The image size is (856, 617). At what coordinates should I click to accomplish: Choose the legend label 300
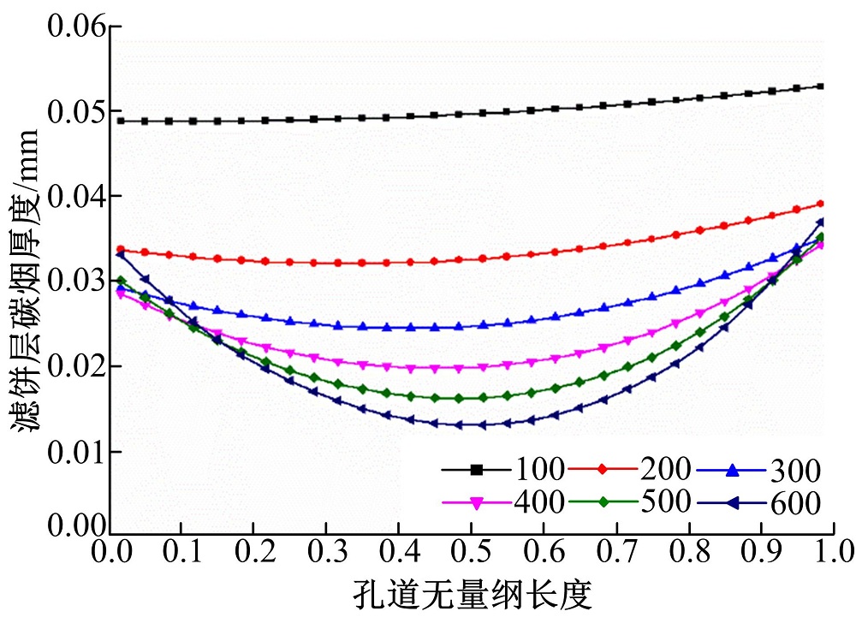[796, 470]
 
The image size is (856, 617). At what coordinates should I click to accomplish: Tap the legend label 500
[664, 501]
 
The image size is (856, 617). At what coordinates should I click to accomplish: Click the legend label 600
[796, 502]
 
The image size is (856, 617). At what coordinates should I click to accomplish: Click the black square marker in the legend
[478, 469]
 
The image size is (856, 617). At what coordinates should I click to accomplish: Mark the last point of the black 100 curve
[821, 86]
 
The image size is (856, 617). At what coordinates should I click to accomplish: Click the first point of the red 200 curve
[121, 250]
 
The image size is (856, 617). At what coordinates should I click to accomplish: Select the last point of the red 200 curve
[821, 204]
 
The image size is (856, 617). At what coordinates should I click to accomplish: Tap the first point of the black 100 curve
[121, 121]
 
